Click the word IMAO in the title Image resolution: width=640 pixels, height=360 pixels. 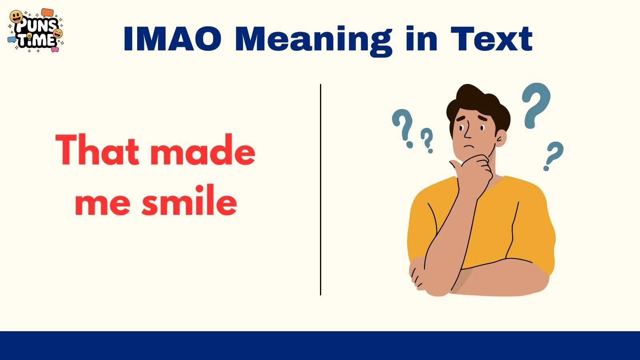172,39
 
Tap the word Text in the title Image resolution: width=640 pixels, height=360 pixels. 492,39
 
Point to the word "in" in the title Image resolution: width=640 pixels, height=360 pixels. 422,39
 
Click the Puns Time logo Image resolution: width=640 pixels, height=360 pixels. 36,30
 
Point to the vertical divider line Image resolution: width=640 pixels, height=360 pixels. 320,190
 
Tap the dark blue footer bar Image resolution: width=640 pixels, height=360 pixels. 320,346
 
